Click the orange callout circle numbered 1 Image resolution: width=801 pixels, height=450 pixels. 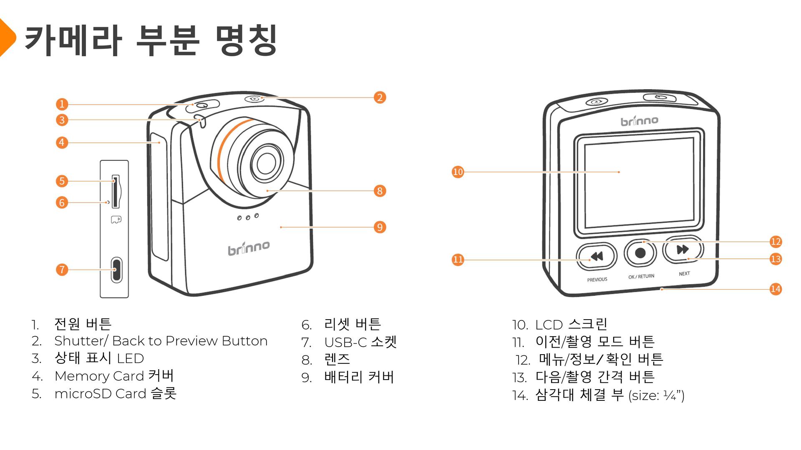point(62,104)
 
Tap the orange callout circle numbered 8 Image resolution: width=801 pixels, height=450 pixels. point(380,191)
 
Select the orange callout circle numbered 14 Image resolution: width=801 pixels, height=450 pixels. point(776,289)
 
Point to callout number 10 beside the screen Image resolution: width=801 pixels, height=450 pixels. point(458,172)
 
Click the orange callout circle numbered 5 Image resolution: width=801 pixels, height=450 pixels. point(62,181)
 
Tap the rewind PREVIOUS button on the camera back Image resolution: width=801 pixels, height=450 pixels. point(597,256)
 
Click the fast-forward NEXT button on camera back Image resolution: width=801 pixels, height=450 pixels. point(683,250)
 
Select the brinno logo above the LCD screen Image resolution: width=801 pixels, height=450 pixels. point(639,121)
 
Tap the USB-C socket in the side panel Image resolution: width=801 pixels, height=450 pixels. point(116,270)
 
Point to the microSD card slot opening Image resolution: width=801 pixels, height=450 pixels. point(116,191)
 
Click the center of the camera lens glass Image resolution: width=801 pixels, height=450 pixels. point(266,163)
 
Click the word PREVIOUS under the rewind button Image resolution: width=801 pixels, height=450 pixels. point(597,280)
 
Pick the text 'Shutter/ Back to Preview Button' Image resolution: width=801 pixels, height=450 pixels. point(161,341)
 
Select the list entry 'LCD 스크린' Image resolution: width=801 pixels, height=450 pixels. point(571,324)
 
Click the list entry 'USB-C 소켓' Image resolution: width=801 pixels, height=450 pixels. point(360,342)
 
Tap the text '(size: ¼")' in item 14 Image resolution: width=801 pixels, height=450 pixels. point(656,395)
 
